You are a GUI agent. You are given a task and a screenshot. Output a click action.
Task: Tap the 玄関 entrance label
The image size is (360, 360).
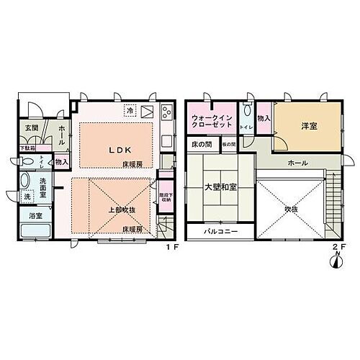point(32,127)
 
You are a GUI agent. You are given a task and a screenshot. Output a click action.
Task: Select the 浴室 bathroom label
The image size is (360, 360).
point(34,215)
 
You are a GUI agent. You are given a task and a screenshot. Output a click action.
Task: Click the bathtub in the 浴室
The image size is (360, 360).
point(35,232)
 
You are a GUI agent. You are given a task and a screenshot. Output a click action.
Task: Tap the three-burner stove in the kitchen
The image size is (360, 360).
point(165,112)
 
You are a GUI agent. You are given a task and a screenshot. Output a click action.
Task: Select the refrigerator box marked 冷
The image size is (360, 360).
point(130,112)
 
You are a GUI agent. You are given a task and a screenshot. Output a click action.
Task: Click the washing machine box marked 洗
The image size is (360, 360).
point(27,197)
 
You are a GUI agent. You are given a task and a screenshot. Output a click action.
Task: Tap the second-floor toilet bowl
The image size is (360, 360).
point(247,112)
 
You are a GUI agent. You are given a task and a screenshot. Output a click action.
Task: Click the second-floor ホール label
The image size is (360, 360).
point(297,163)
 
